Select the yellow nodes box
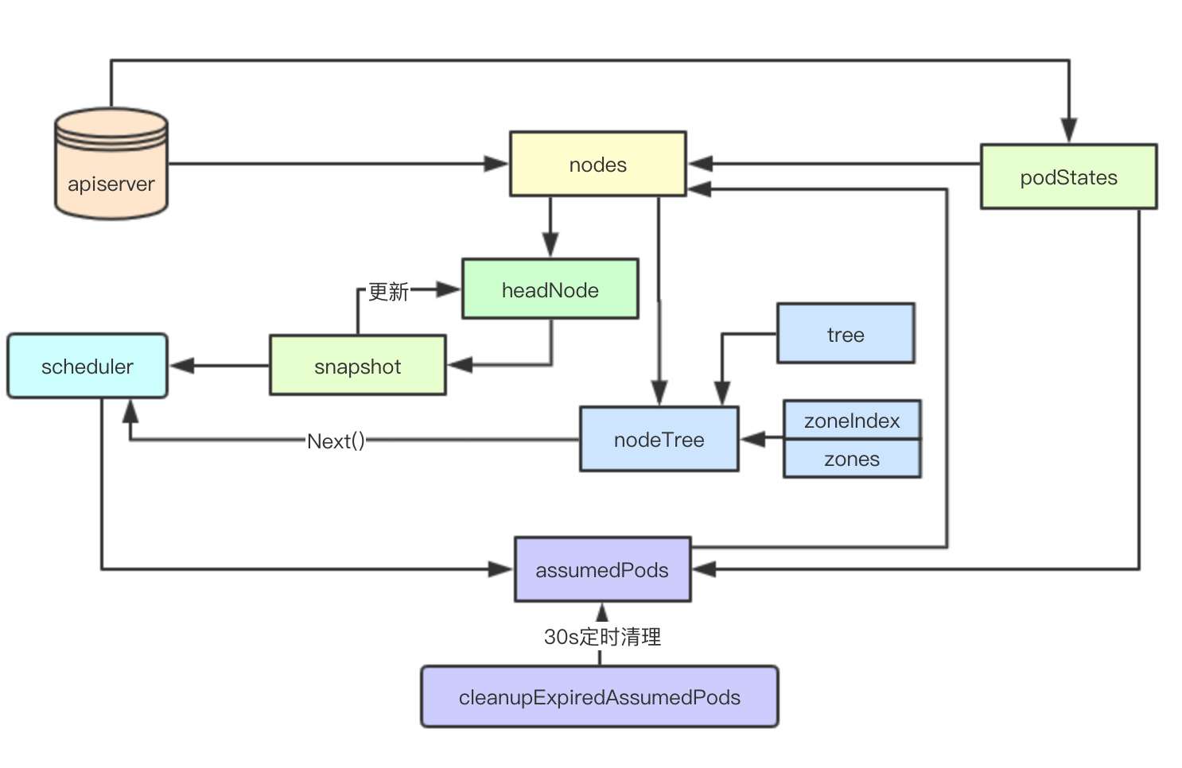[597, 164]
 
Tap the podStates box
[1068, 176]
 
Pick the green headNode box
[550, 289]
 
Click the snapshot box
[357, 366]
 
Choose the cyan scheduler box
[87, 366]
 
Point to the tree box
[846, 333]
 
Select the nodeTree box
[659, 439]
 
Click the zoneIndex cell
[852, 420]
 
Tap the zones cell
[852, 459]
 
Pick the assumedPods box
[602, 569]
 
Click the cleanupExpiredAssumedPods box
[599, 696]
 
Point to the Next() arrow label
[336, 440]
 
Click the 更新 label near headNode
[388, 292]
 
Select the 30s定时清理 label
[602, 636]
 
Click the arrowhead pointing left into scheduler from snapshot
[182, 366]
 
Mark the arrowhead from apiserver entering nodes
[496, 164]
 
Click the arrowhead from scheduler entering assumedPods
[501, 569]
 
